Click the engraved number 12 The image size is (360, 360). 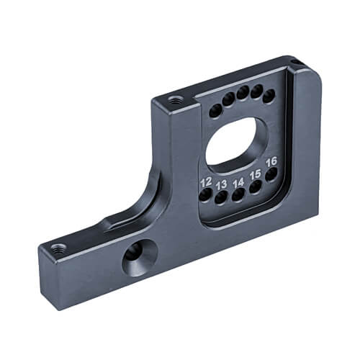pyautogui.click(x=206, y=181)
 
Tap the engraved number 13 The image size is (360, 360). pyautogui.click(x=222, y=184)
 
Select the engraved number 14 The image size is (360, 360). pyautogui.click(x=238, y=182)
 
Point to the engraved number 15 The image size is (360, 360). pyautogui.click(x=255, y=174)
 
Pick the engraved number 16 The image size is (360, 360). pyautogui.click(x=271, y=161)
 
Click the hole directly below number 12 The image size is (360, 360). pyautogui.click(x=206, y=194)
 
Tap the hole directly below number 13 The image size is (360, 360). pyautogui.click(x=222, y=197)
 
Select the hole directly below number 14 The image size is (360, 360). pyautogui.click(x=238, y=195)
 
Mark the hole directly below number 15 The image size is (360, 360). pyautogui.click(x=255, y=187)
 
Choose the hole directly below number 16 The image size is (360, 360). pyautogui.click(x=271, y=174)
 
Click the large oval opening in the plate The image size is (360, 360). pyautogui.click(x=237, y=141)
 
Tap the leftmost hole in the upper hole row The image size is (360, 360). pyautogui.click(x=215, y=110)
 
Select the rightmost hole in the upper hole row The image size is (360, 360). pyautogui.click(x=269, y=96)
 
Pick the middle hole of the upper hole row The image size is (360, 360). pyautogui.click(x=243, y=93)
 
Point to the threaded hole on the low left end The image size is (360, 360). pyautogui.click(x=58, y=249)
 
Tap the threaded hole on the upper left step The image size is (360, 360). pyautogui.click(x=174, y=100)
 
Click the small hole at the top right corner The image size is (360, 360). pyautogui.click(x=295, y=62)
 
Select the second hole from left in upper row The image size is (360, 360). pyautogui.click(x=228, y=99)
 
